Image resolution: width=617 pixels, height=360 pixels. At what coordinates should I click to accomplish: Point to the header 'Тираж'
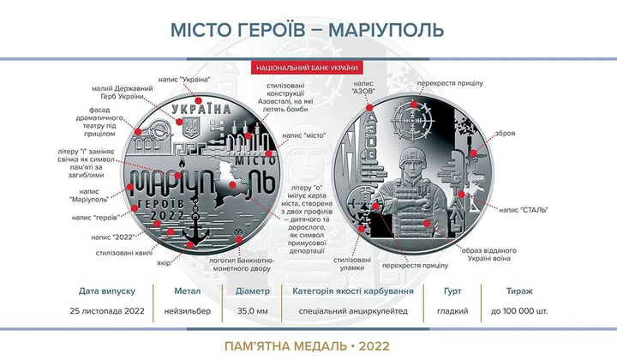[x=521, y=291]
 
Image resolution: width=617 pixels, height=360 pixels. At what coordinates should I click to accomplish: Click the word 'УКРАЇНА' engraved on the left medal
[x=202, y=110]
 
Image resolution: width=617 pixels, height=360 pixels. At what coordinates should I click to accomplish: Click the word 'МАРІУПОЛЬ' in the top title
[x=383, y=28]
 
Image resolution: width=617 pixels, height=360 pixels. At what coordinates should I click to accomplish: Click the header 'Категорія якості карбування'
[x=353, y=291]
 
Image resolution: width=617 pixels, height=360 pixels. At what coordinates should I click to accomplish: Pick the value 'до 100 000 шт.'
[x=521, y=309]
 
